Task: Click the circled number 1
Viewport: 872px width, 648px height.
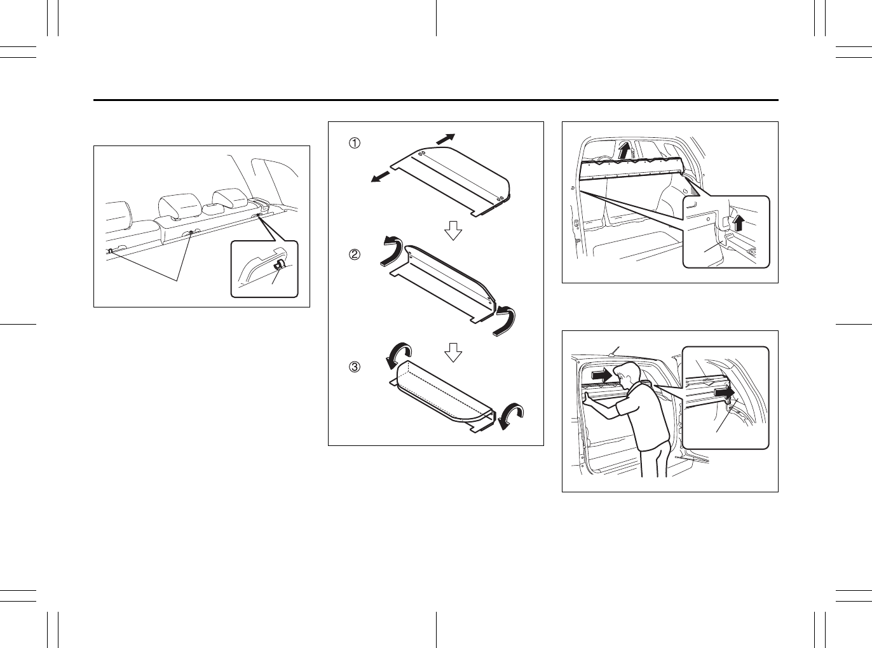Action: click(x=353, y=144)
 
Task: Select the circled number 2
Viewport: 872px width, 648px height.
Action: click(x=353, y=255)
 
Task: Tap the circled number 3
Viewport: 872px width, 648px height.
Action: click(x=353, y=367)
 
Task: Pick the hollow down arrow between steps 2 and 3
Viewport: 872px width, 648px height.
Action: click(x=453, y=351)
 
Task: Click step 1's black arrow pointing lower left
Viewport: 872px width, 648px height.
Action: click(x=380, y=177)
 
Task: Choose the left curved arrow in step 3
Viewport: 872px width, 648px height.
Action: click(x=399, y=354)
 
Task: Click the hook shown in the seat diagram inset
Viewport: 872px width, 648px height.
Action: click(x=278, y=266)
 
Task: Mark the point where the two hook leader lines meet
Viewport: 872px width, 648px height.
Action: click(x=177, y=280)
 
